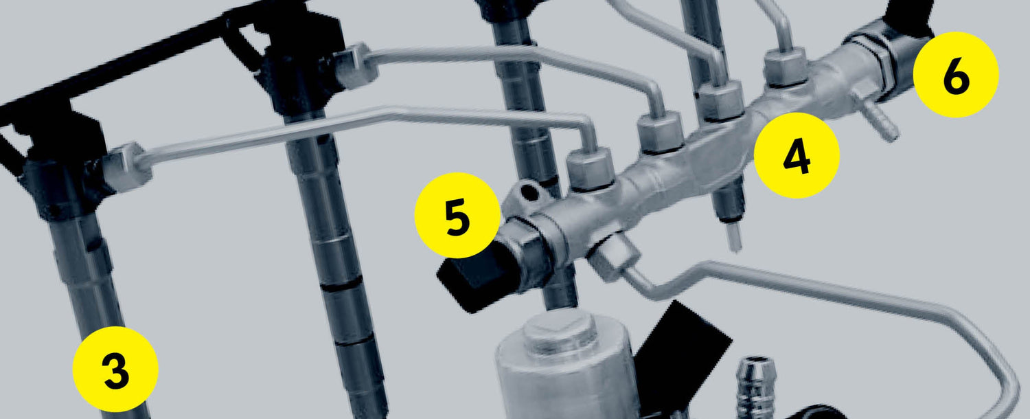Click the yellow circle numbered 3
pyautogui.click(x=115, y=370)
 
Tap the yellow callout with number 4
pyautogui.click(x=797, y=156)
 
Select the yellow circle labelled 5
pyautogui.click(x=457, y=216)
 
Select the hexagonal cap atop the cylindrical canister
pyautogui.click(x=560, y=335)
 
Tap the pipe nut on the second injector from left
pyautogui.click(x=356, y=65)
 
